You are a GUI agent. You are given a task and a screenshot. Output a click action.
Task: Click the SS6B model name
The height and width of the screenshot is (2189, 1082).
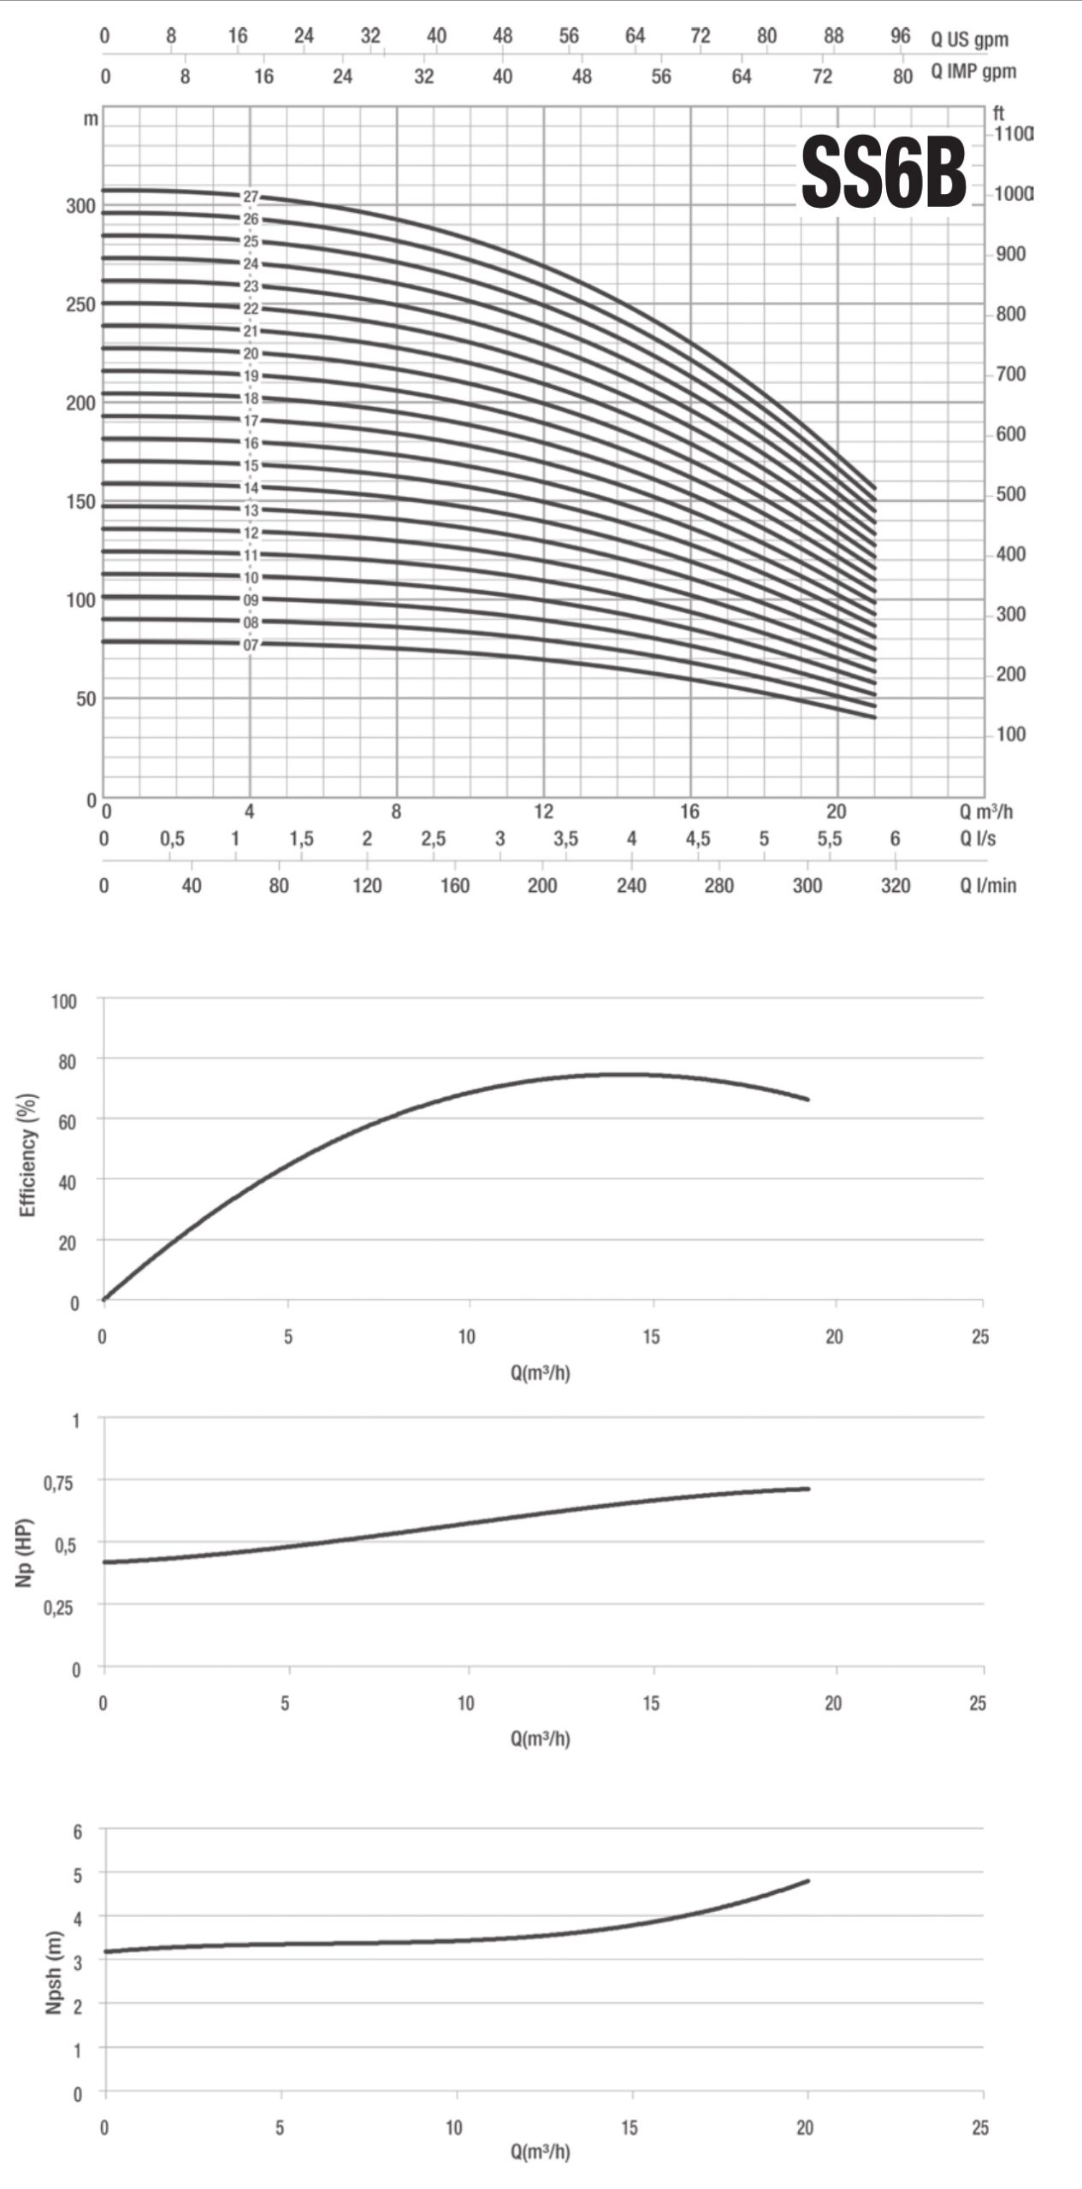883,174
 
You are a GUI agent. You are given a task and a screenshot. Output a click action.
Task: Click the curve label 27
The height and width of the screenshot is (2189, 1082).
250,198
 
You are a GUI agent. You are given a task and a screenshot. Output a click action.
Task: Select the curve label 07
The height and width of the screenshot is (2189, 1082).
250,645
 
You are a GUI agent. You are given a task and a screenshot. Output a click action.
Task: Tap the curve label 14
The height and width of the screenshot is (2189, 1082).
250,488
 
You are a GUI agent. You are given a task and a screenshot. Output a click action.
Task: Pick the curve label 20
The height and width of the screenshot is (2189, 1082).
250,354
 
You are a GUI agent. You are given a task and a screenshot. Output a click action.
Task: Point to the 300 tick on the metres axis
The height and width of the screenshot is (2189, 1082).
80,206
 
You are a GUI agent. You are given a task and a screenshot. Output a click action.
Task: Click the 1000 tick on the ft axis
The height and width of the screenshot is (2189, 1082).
1013,194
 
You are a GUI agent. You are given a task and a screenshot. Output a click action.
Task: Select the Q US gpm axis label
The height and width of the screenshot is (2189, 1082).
969,39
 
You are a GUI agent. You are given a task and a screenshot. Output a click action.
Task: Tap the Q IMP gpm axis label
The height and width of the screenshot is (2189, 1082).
973,72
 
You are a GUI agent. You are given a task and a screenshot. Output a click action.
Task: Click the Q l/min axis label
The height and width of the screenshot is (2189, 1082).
988,885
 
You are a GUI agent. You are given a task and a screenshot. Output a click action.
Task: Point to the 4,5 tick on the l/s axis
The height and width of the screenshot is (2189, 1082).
697,839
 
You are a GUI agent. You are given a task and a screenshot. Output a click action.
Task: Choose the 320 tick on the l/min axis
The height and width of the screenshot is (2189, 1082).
896,885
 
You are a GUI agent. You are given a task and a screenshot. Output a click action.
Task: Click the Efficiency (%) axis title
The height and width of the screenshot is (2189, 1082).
28,1154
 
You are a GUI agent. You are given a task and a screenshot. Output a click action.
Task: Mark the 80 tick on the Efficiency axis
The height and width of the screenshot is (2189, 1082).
67,1061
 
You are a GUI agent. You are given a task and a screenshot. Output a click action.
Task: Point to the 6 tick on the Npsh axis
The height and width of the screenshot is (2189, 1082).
78,1832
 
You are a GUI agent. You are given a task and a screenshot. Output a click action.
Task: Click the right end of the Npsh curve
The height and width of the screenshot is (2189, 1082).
807,1881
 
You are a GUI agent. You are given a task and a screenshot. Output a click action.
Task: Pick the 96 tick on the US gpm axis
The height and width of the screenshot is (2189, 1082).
900,36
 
